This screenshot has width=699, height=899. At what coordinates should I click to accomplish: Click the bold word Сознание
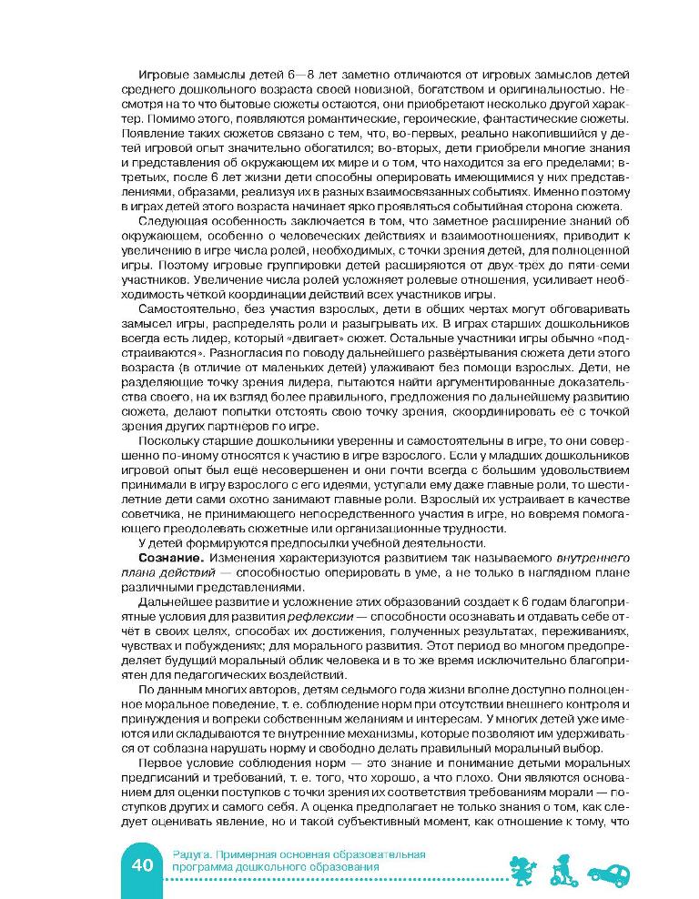coord(163,555)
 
